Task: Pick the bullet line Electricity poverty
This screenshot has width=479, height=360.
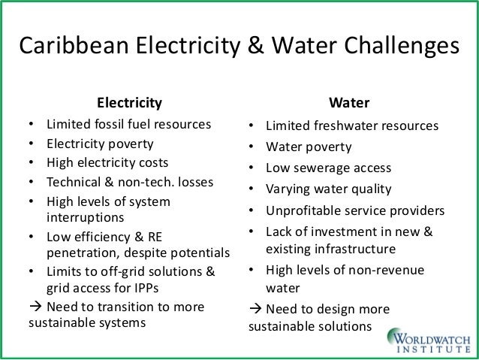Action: (100, 144)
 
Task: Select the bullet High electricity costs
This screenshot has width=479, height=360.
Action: (107, 162)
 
